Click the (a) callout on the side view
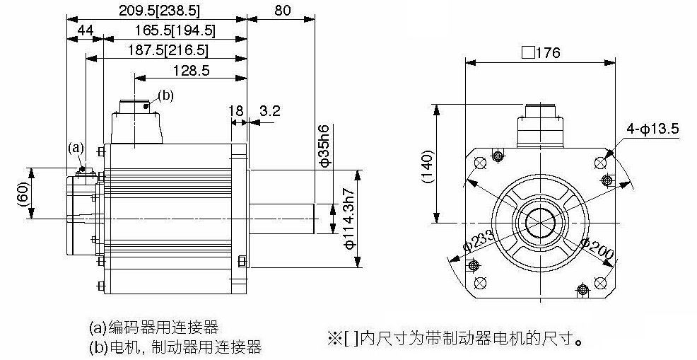[76, 148]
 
